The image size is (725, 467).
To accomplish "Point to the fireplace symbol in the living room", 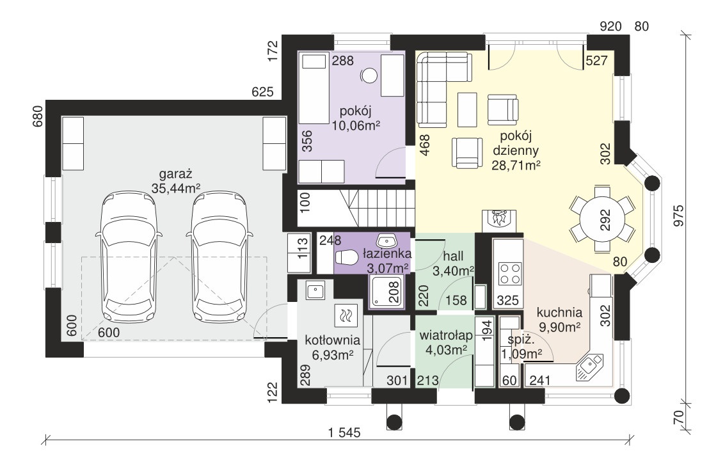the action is pyautogui.click(x=498, y=221).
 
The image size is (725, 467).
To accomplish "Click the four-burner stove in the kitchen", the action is pyautogui.click(x=510, y=273).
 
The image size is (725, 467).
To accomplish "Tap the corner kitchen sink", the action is pyautogui.click(x=589, y=367).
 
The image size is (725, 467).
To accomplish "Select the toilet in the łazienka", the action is pyautogui.click(x=346, y=258).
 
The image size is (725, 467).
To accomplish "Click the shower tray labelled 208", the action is pyautogui.click(x=386, y=292).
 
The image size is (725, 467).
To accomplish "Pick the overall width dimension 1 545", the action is pyautogui.click(x=344, y=433).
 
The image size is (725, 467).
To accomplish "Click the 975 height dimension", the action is pyautogui.click(x=678, y=216).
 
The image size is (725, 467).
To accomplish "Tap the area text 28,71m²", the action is pyautogui.click(x=516, y=166).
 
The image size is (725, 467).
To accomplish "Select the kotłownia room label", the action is pyautogui.click(x=333, y=340).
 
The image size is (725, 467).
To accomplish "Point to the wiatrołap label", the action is pyautogui.click(x=446, y=336).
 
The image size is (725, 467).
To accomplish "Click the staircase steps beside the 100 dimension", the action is pyautogui.click(x=378, y=209).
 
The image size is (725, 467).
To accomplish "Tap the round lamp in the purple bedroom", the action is pyautogui.click(x=369, y=75).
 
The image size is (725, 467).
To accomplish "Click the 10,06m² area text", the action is pyautogui.click(x=356, y=125).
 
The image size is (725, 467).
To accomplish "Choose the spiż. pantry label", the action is pyautogui.click(x=521, y=340).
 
